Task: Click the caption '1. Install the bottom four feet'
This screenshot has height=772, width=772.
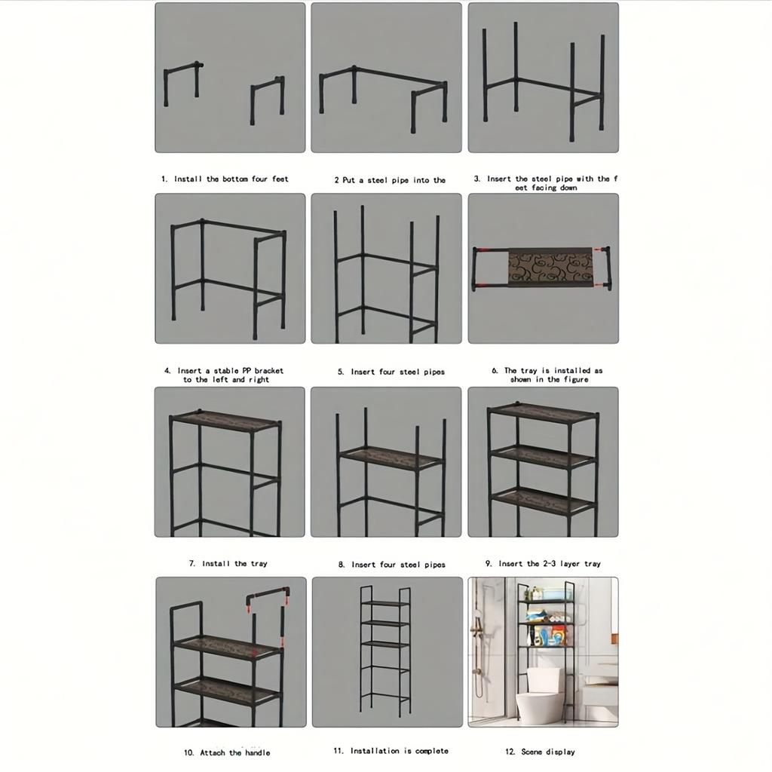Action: [x=225, y=179]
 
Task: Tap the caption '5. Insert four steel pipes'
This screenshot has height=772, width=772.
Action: [x=391, y=372]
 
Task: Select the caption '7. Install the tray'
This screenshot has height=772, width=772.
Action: [x=228, y=564]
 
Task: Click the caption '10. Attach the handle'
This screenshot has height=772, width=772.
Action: [x=227, y=752]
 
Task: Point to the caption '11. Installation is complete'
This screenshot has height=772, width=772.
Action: [x=390, y=751]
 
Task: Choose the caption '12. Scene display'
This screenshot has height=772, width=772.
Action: [x=540, y=752]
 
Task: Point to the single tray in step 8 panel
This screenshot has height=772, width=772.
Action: [x=390, y=458]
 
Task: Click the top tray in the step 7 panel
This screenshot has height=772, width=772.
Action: [x=225, y=419]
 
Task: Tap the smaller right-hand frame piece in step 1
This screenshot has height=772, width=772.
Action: [x=268, y=98]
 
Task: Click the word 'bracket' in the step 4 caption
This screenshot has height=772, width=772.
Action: [x=268, y=371]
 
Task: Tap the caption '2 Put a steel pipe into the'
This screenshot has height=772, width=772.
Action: [x=390, y=180]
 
